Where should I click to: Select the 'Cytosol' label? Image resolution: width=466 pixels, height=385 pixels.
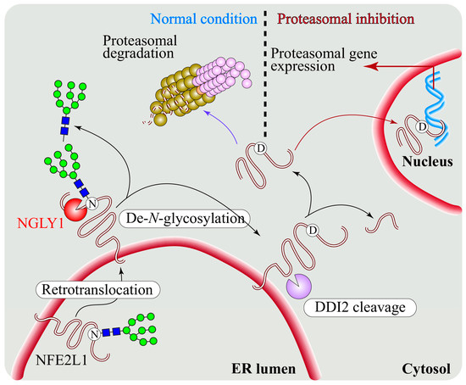tap(430, 369)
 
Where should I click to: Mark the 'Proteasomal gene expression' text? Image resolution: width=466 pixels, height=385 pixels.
tap(322, 61)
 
